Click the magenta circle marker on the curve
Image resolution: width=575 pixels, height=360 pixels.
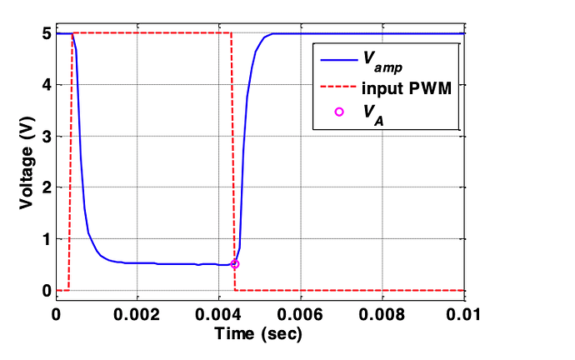pyautogui.click(x=235, y=264)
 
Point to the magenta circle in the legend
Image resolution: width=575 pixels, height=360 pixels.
pyautogui.click(x=338, y=112)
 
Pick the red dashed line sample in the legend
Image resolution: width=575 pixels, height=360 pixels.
pyautogui.click(x=338, y=87)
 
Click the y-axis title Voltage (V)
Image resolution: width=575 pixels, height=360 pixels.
pyautogui.click(x=27, y=163)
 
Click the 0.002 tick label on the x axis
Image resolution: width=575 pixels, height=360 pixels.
pyautogui.click(x=137, y=314)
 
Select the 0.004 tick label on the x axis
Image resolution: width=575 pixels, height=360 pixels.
pyautogui.click(x=218, y=314)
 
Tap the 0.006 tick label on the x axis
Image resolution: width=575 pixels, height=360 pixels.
pyautogui.click(x=300, y=314)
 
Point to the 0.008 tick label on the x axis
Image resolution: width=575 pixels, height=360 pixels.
pyautogui.click(x=382, y=314)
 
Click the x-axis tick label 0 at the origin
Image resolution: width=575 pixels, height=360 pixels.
pyautogui.click(x=56, y=314)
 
